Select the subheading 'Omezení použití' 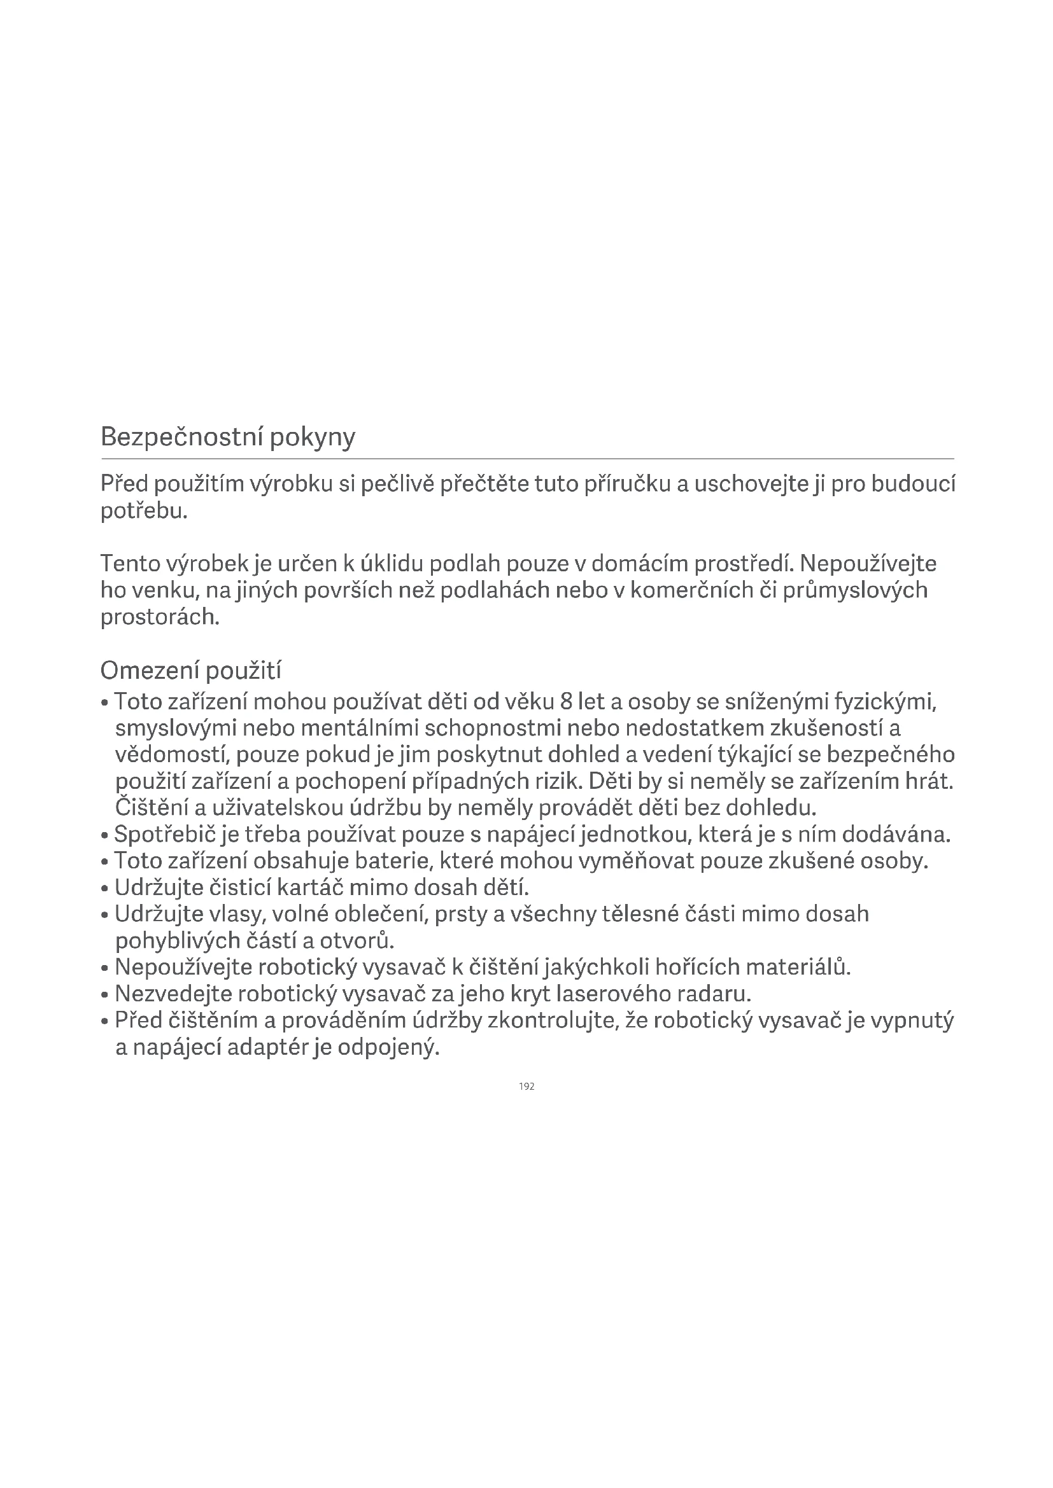click(x=190, y=671)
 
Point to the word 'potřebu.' click(x=144, y=511)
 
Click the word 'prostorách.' click(x=160, y=616)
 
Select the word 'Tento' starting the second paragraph click(x=130, y=564)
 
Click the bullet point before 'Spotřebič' click(x=104, y=836)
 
